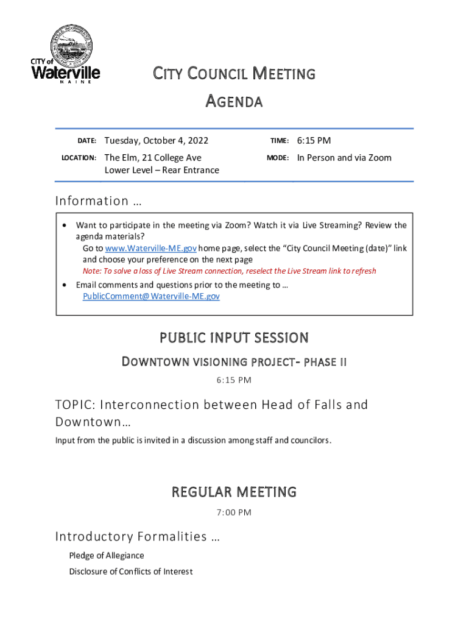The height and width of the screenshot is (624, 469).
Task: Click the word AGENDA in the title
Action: pyautogui.click(x=233, y=101)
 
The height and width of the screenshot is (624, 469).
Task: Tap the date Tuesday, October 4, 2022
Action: pyautogui.click(x=157, y=141)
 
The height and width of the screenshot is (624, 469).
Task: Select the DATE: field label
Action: pyautogui.click(x=86, y=141)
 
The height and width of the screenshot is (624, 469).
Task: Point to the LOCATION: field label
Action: pyautogui.click(x=79, y=158)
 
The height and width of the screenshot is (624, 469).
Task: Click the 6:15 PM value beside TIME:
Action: pyautogui.click(x=314, y=141)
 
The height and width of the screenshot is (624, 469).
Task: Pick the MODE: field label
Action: pyautogui.click(x=277, y=158)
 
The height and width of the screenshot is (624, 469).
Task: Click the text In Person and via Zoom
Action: pyautogui.click(x=344, y=158)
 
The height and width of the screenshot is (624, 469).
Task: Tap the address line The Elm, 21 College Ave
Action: pyautogui.click(x=153, y=158)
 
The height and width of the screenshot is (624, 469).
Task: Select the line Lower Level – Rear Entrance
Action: pyautogui.click(x=162, y=170)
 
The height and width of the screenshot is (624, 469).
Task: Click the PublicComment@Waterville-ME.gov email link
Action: pyautogui.click(x=151, y=296)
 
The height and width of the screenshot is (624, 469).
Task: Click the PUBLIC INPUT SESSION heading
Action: pyautogui.click(x=234, y=338)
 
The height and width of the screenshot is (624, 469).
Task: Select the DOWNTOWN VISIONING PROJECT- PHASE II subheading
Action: pyautogui.click(x=234, y=363)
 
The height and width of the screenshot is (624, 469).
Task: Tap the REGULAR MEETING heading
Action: pyautogui.click(x=234, y=492)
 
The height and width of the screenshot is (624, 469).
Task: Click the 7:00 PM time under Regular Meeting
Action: pyautogui.click(x=234, y=512)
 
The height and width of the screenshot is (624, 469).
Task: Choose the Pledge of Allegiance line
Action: pyautogui.click(x=107, y=556)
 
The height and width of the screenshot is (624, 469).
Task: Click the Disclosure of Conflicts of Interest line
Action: pyautogui.click(x=130, y=572)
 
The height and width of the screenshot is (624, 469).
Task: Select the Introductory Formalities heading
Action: pyautogui.click(x=138, y=537)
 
